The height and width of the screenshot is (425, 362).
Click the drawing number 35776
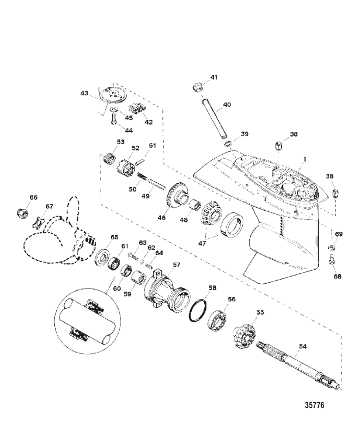(x=315, y=405)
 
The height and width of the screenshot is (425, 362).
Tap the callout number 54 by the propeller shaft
(x=302, y=346)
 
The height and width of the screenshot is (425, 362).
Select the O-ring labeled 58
(x=198, y=311)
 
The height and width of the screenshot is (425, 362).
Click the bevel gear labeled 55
(x=244, y=335)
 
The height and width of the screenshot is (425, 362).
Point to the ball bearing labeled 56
(x=218, y=319)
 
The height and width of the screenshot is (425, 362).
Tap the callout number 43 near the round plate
(x=84, y=93)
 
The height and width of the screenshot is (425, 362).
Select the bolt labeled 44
(x=113, y=119)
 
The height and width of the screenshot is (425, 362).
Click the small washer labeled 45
(x=114, y=110)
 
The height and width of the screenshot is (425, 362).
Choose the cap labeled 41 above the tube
(x=197, y=88)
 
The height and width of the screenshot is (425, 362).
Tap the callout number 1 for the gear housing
(x=305, y=159)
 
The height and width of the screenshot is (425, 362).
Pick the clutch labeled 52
(x=126, y=166)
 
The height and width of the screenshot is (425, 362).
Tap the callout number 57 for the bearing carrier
(x=176, y=264)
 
